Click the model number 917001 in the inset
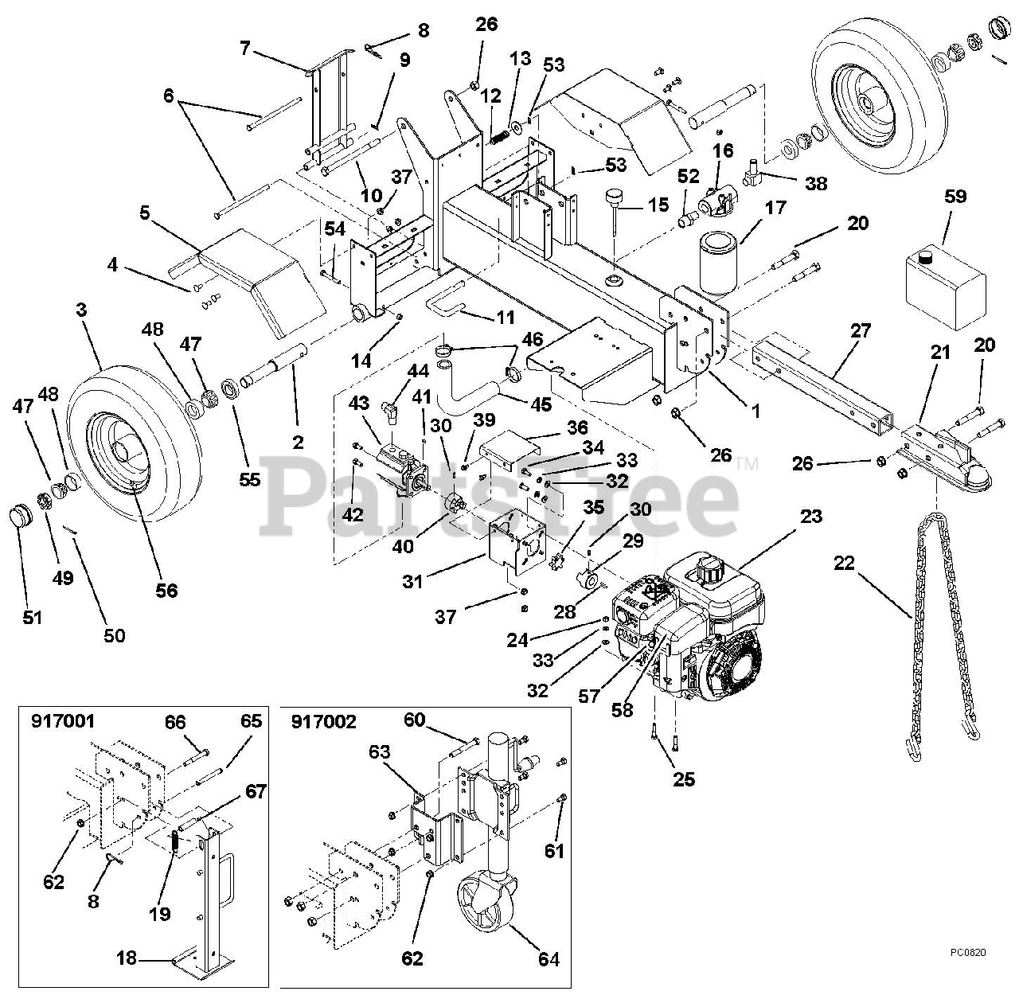(63, 722)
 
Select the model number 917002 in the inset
(325, 722)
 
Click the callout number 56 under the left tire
(166, 590)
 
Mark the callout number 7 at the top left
(244, 49)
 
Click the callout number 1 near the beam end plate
(755, 411)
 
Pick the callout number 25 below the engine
(683, 778)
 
